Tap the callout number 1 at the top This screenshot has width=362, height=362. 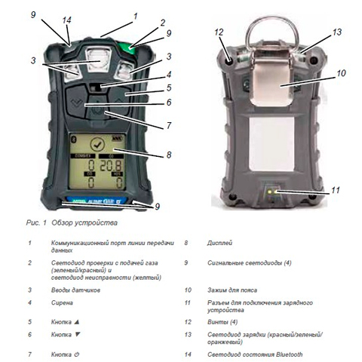(136, 15)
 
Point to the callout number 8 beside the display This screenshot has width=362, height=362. (168, 155)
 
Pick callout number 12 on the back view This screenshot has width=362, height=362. (219, 32)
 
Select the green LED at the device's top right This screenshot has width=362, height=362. (133, 50)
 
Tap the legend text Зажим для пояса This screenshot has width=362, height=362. (234, 289)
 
